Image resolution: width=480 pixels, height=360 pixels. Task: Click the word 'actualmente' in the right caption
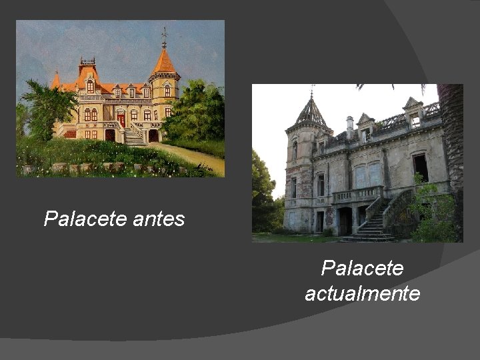coord(362,293)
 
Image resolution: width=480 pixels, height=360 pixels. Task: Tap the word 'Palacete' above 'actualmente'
coord(362,268)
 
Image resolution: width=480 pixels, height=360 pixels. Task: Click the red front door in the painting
coord(121,120)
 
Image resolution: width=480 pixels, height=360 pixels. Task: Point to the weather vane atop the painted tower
coord(164,37)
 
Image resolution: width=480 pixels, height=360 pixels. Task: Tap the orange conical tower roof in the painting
coord(164,62)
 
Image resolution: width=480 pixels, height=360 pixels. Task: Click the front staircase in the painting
coord(135,137)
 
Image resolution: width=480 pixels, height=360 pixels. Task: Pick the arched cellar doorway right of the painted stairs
coord(154,135)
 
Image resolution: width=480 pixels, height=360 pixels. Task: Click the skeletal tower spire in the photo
coord(311,111)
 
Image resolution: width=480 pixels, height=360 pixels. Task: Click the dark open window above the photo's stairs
coord(420,167)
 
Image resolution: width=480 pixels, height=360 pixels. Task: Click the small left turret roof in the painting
coord(56,81)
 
